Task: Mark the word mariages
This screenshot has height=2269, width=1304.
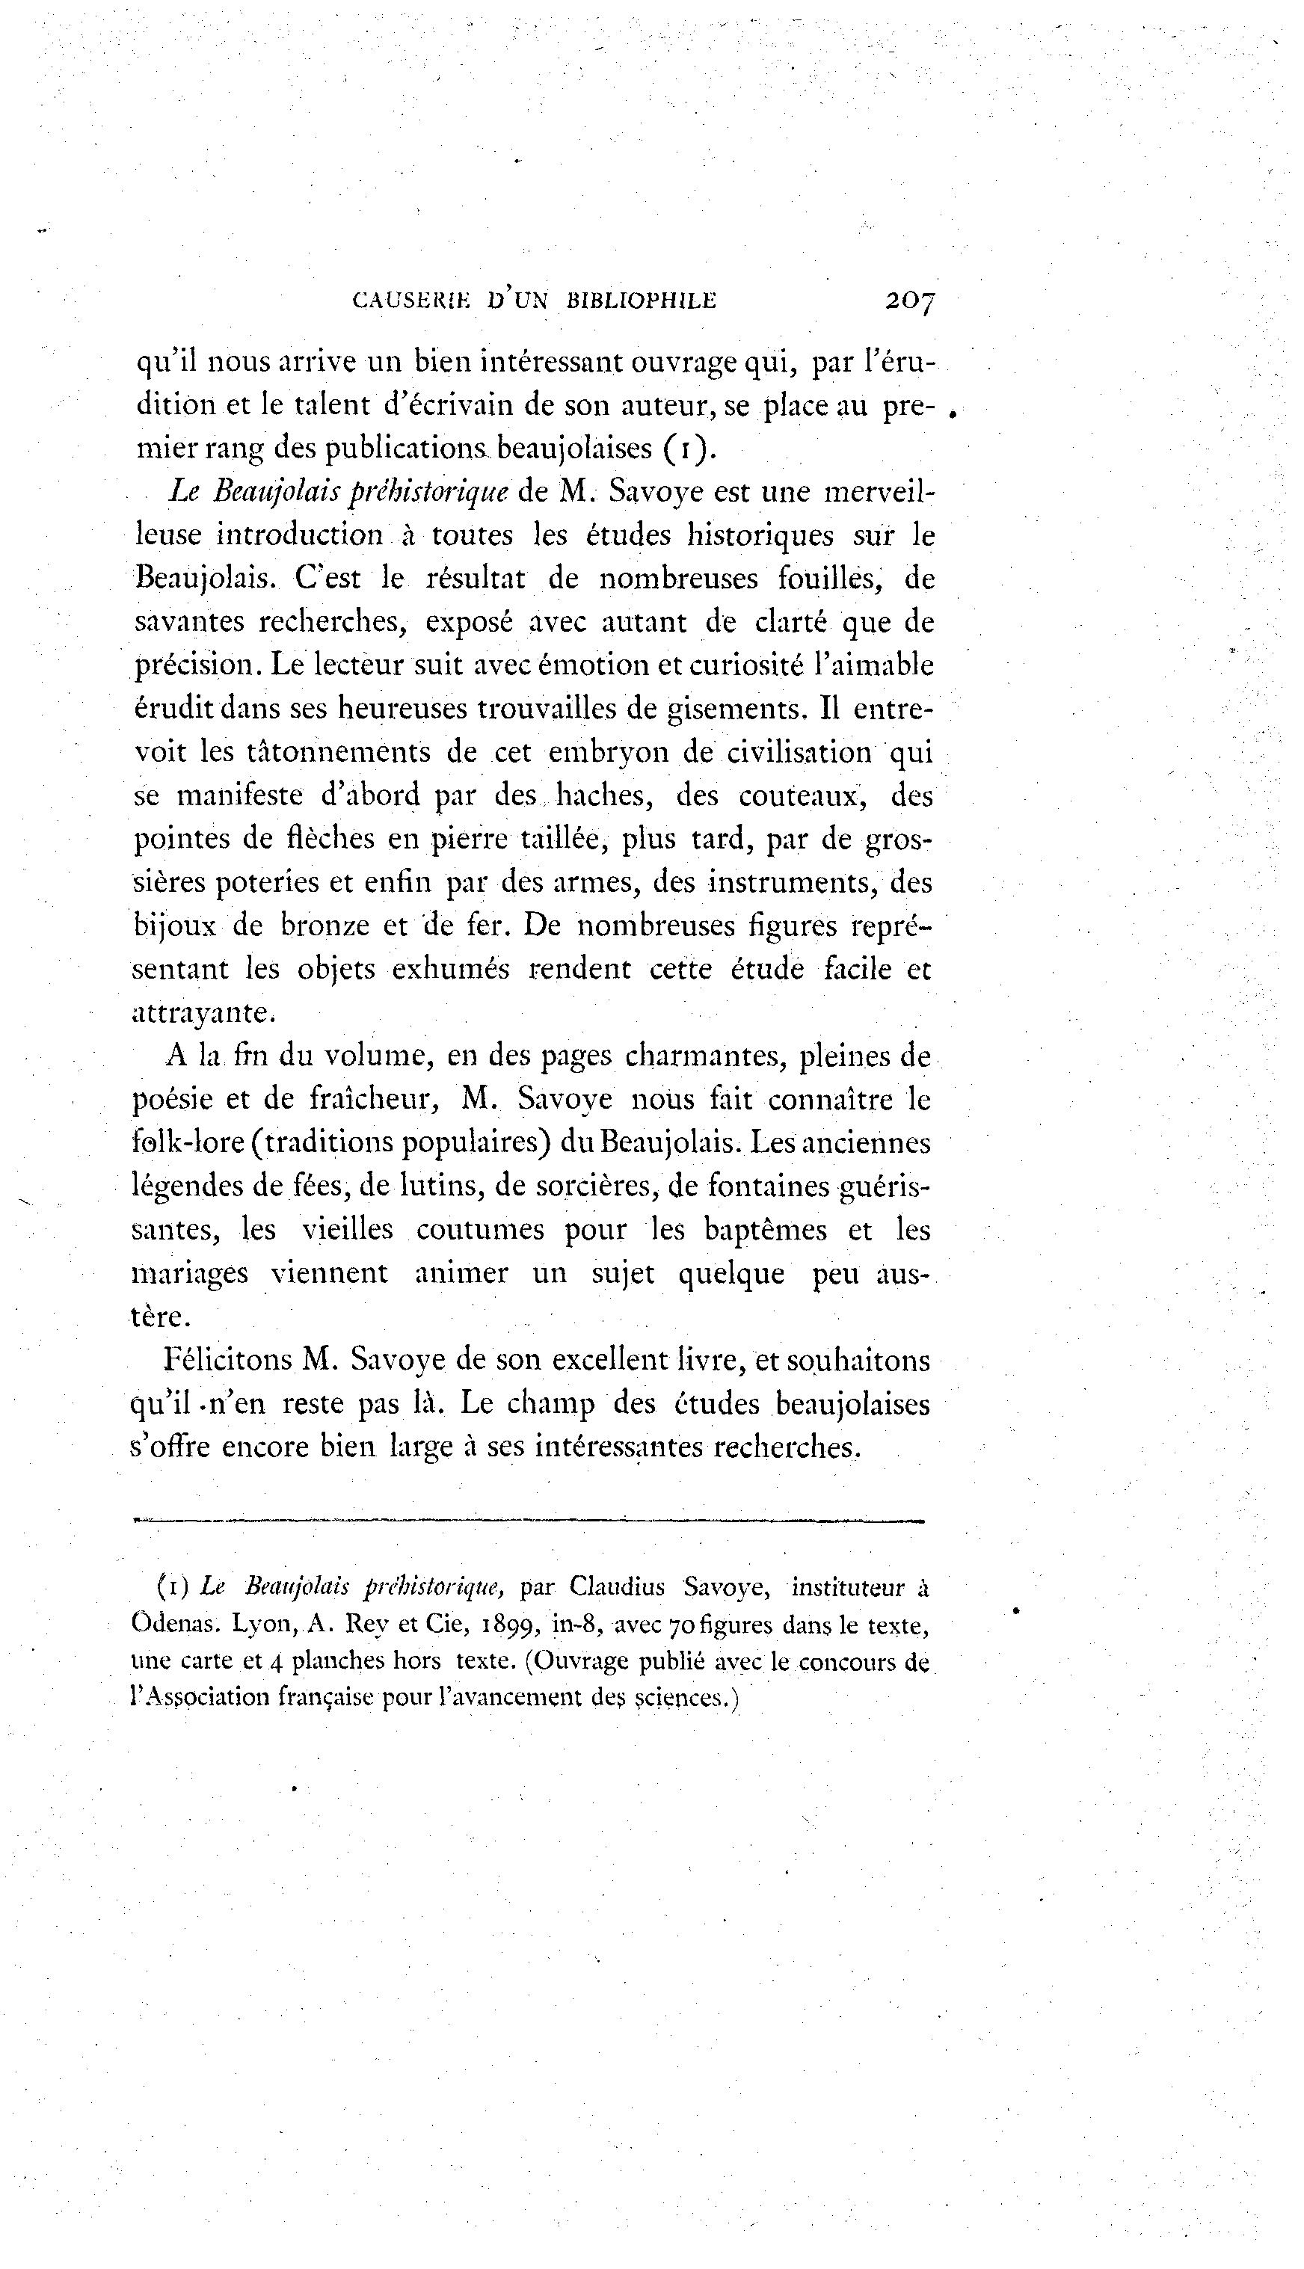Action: [x=189, y=1273]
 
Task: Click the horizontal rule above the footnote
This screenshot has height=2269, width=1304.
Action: [x=528, y=1520]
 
